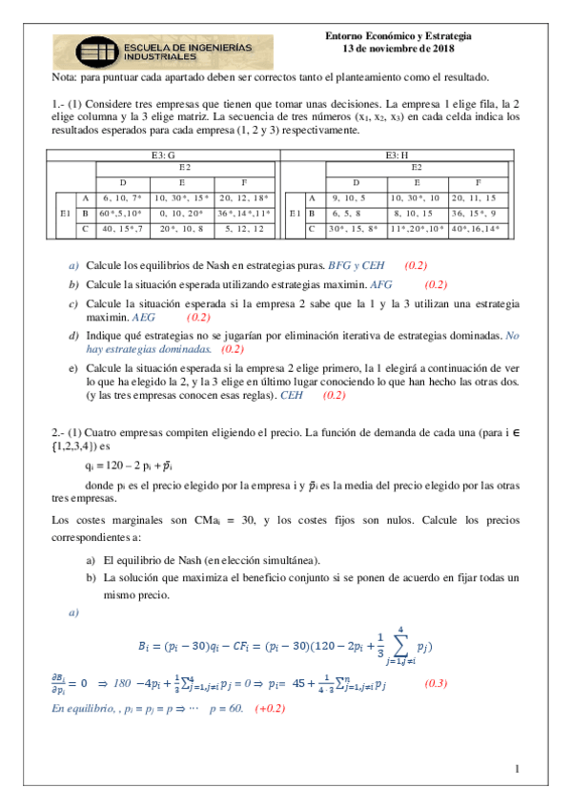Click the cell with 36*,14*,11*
(244, 214)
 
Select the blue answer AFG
(381, 284)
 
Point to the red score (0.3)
(436, 683)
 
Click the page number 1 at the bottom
(516, 769)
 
